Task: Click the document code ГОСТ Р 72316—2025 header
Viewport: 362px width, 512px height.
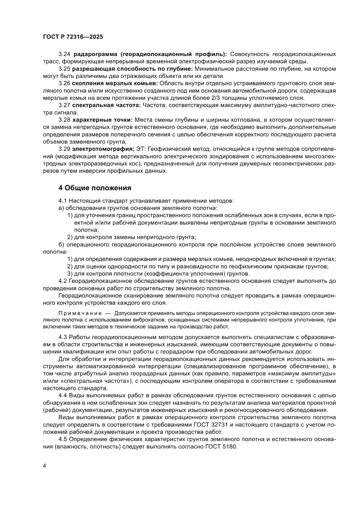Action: pyautogui.click(x=73, y=37)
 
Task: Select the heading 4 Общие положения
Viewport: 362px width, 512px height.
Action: pyautogui.click(x=95, y=188)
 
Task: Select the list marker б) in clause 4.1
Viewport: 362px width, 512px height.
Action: pyautogui.click(x=62, y=244)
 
